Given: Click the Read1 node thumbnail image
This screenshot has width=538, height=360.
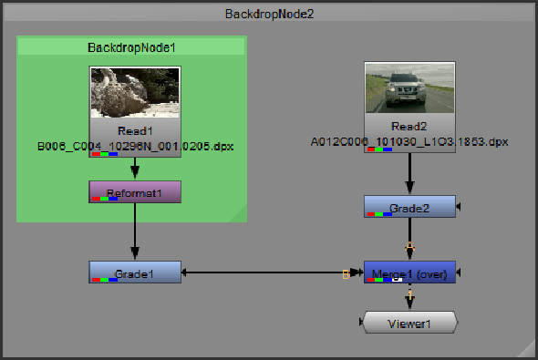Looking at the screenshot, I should coord(135,96).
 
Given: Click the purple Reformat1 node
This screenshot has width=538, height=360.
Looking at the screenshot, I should coord(135,191).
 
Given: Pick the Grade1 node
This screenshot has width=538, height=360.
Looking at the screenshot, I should coord(135,272).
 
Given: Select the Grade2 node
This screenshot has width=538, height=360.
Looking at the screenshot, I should coord(409,207).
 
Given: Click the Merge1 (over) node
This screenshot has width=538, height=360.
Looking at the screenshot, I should coord(409,273).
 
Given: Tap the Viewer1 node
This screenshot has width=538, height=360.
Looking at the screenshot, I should coord(409,323).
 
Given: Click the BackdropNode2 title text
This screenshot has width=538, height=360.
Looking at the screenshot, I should coord(269,14).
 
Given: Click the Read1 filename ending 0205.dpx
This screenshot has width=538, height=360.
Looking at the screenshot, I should coord(135,145).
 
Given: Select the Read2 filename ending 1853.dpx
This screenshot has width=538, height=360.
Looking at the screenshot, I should coord(409,142).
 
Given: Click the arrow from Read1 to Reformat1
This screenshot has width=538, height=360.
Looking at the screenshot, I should coord(135,169).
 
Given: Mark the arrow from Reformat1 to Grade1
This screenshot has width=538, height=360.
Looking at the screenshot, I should coord(135,231).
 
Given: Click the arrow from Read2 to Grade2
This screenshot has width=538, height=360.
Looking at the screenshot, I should coord(409,173).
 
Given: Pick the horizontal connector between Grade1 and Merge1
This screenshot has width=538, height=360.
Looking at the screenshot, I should coord(264,273).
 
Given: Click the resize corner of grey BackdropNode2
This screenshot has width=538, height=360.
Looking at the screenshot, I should coord(528,350).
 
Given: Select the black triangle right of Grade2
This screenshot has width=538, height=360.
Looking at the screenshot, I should coord(460,207).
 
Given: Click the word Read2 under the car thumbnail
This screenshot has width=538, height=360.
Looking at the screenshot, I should coord(409,127).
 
